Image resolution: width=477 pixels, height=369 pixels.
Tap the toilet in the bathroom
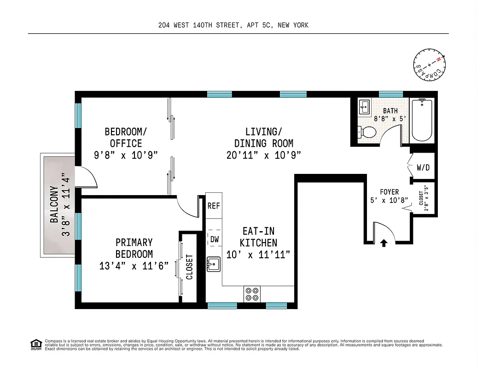[x=367, y=132]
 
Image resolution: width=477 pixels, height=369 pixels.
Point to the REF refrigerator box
[x=214, y=206]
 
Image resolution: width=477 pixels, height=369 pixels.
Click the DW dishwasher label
[x=214, y=239]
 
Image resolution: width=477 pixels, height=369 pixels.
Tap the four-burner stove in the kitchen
[x=252, y=294]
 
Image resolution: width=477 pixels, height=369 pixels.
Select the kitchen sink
[x=215, y=265]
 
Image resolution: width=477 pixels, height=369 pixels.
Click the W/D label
[x=423, y=167]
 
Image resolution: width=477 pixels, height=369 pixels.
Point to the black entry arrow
[x=384, y=243]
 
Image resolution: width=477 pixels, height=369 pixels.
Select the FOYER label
[x=389, y=192]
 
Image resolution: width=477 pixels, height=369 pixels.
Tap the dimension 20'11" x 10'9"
[x=263, y=155]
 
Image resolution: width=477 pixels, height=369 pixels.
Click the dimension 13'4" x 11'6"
[x=134, y=266]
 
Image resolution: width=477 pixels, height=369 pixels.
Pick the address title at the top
[x=233, y=25]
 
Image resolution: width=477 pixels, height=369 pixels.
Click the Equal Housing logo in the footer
[x=36, y=345]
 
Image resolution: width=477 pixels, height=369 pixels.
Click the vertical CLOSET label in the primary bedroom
[x=189, y=267]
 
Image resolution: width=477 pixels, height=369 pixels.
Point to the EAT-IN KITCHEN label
[x=258, y=237]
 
